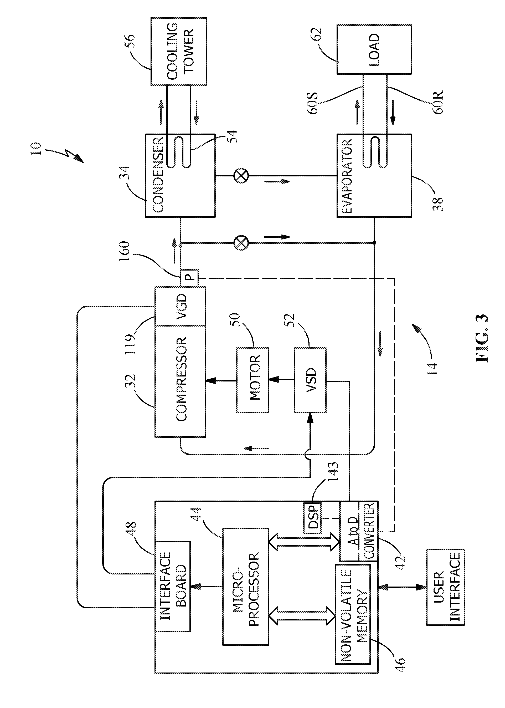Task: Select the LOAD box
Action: pyautogui.click(x=374, y=49)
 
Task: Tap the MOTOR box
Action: pyautogui.click(x=252, y=380)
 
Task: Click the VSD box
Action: pyautogui.click(x=310, y=380)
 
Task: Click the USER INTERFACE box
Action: pyautogui.click(x=445, y=587)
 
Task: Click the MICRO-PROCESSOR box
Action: pyautogui.click(x=245, y=586)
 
